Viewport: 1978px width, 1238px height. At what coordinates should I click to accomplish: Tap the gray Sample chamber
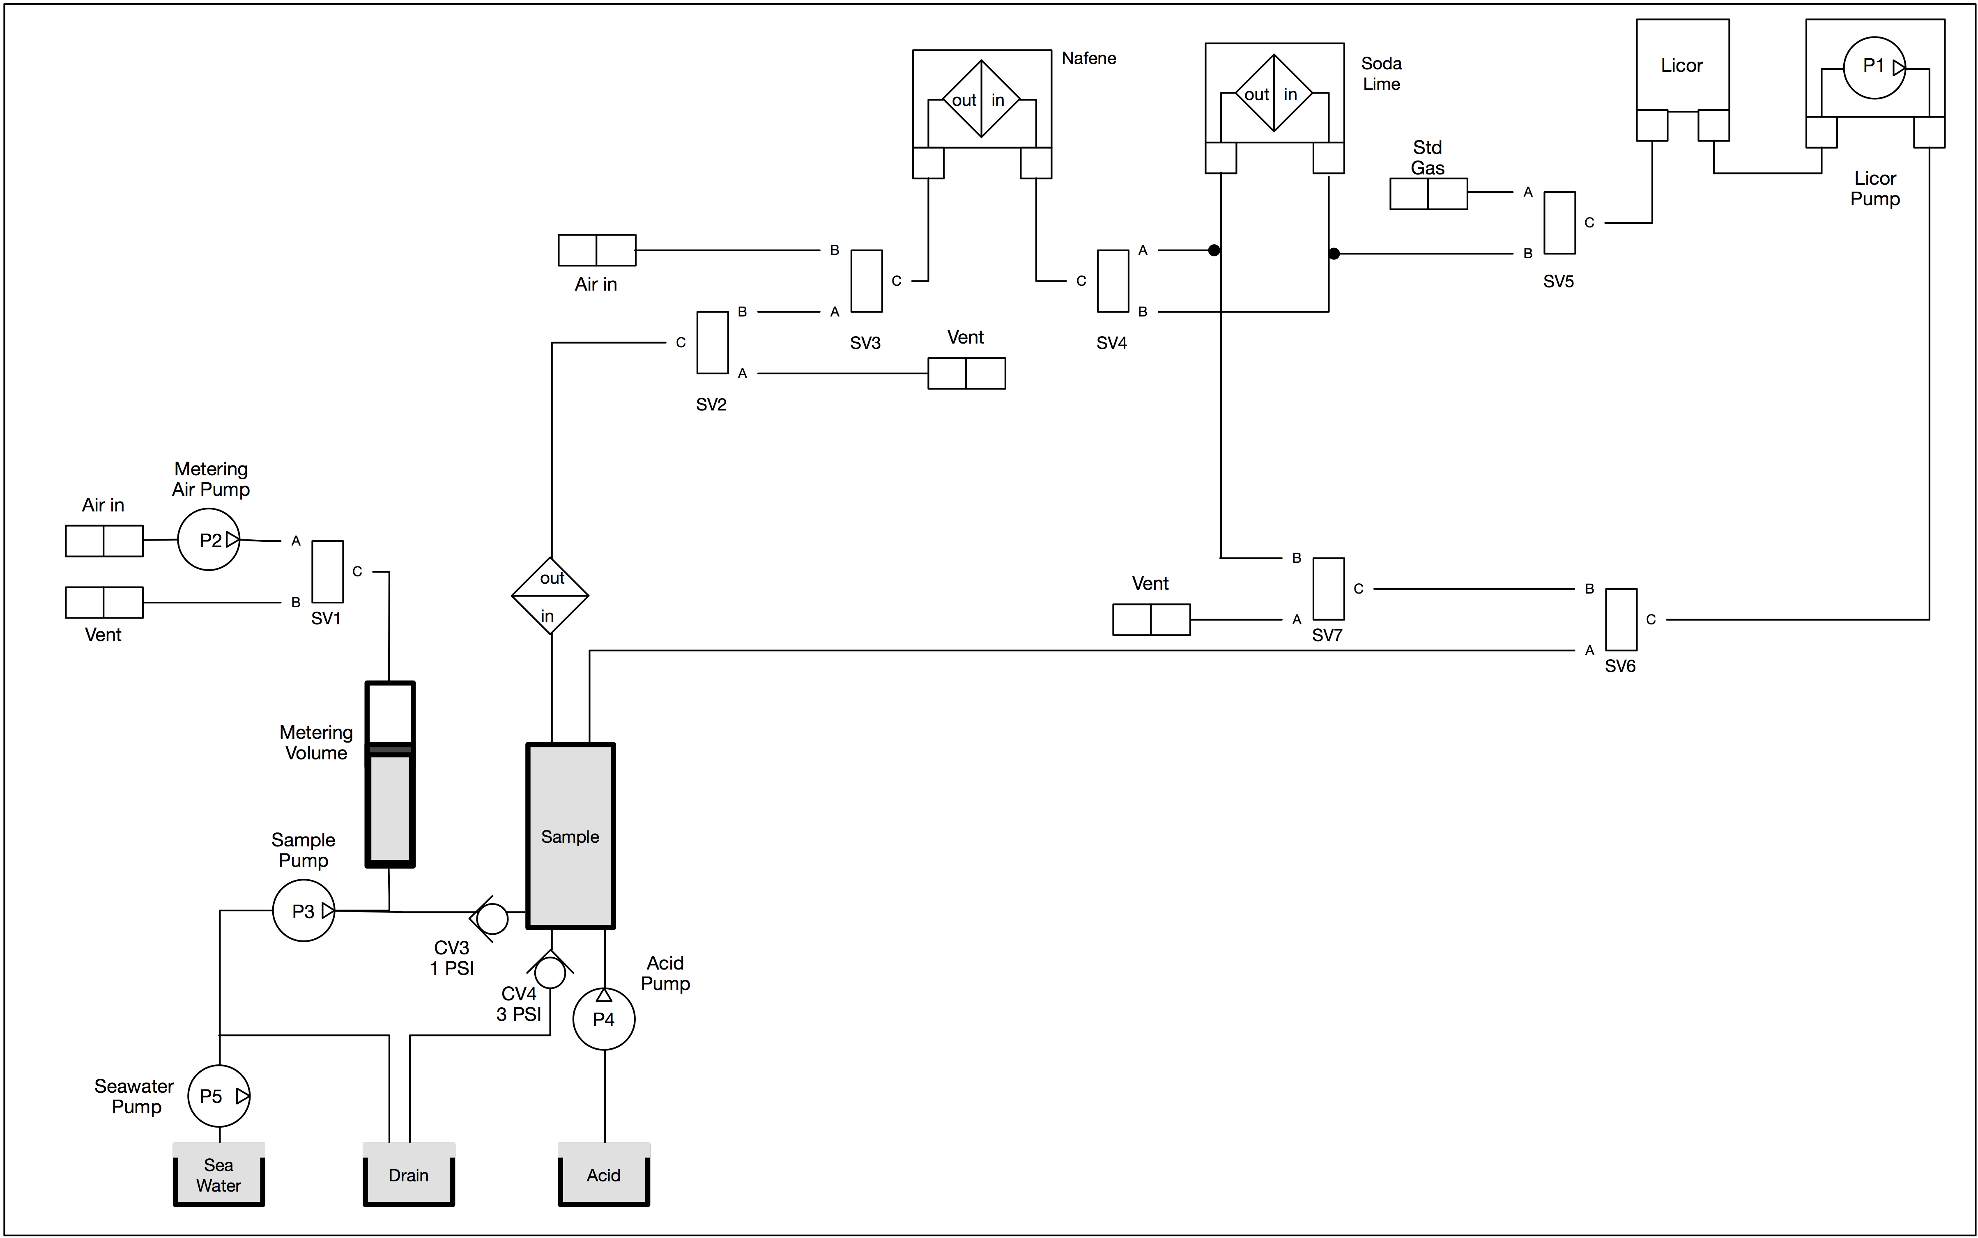tap(570, 836)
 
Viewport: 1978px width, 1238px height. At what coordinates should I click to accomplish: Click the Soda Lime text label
tap(1382, 74)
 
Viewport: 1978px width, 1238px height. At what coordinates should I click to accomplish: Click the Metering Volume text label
tap(316, 743)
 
